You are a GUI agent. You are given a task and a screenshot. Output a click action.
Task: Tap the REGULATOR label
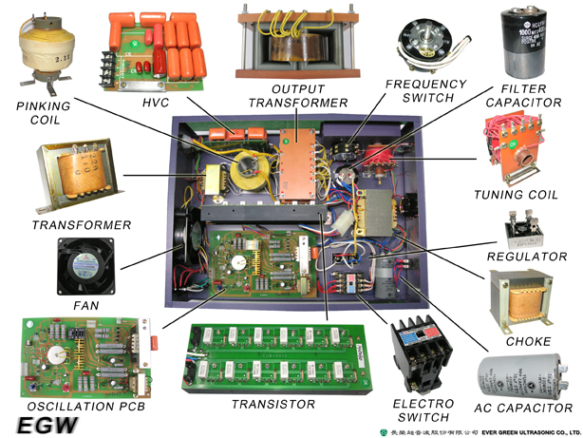(528, 257)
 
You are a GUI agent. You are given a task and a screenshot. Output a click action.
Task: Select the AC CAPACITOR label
(523, 409)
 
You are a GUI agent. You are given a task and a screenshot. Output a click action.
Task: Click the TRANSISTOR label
(273, 405)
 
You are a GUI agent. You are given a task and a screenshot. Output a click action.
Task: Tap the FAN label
(85, 306)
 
